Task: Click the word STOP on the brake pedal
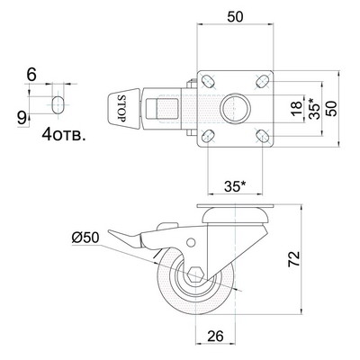[x=121, y=108]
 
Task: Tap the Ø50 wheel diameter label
[x=85, y=238]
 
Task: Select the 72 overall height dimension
[x=293, y=259]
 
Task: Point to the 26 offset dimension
[x=215, y=337]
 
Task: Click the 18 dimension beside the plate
[x=296, y=109]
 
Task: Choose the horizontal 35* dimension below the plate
[x=235, y=187]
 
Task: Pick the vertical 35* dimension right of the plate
[x=314, y=108]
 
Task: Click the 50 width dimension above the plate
[x=235, y=17]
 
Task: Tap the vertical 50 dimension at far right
[x=331, y=108]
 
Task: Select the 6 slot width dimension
[x=31, y=75]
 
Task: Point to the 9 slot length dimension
[x=22, y=119]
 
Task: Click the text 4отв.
[x=63, y=134]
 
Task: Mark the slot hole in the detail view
[x=58, y=105]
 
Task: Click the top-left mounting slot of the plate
[x=209, y=81]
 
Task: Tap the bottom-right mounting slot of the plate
[x=262, y=136]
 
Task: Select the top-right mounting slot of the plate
[x=262, y=81]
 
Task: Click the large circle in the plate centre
[x=235, y=108]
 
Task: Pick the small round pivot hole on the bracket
[x=191, y=242]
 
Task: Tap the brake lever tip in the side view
[x=110, y=232]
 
